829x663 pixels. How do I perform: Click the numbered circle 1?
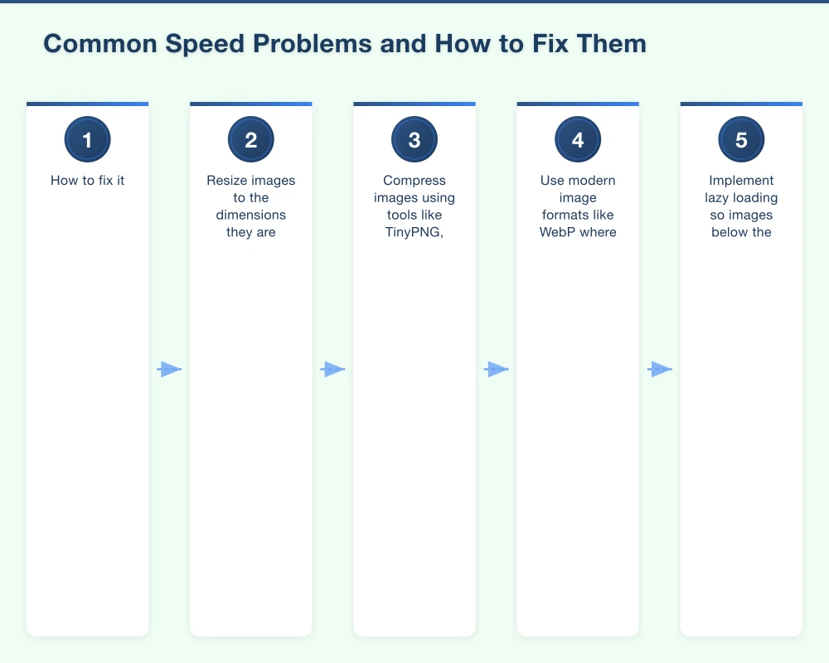[87, 140]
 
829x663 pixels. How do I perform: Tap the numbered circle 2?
[250, 140]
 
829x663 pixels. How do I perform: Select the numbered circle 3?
[414, 140]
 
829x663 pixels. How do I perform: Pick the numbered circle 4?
[578, 140]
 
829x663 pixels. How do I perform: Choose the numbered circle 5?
[741, 140]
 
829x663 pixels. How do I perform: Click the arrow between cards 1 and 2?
[169, 370]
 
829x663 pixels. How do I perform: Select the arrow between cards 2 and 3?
[332, 370]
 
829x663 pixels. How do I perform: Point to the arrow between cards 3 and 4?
[496, 370]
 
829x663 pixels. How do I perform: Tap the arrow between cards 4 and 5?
[660, 370]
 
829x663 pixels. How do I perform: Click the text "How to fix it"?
[87, 180]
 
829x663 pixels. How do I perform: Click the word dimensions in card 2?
[250, 215]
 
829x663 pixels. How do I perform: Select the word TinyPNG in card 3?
[412, 232]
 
